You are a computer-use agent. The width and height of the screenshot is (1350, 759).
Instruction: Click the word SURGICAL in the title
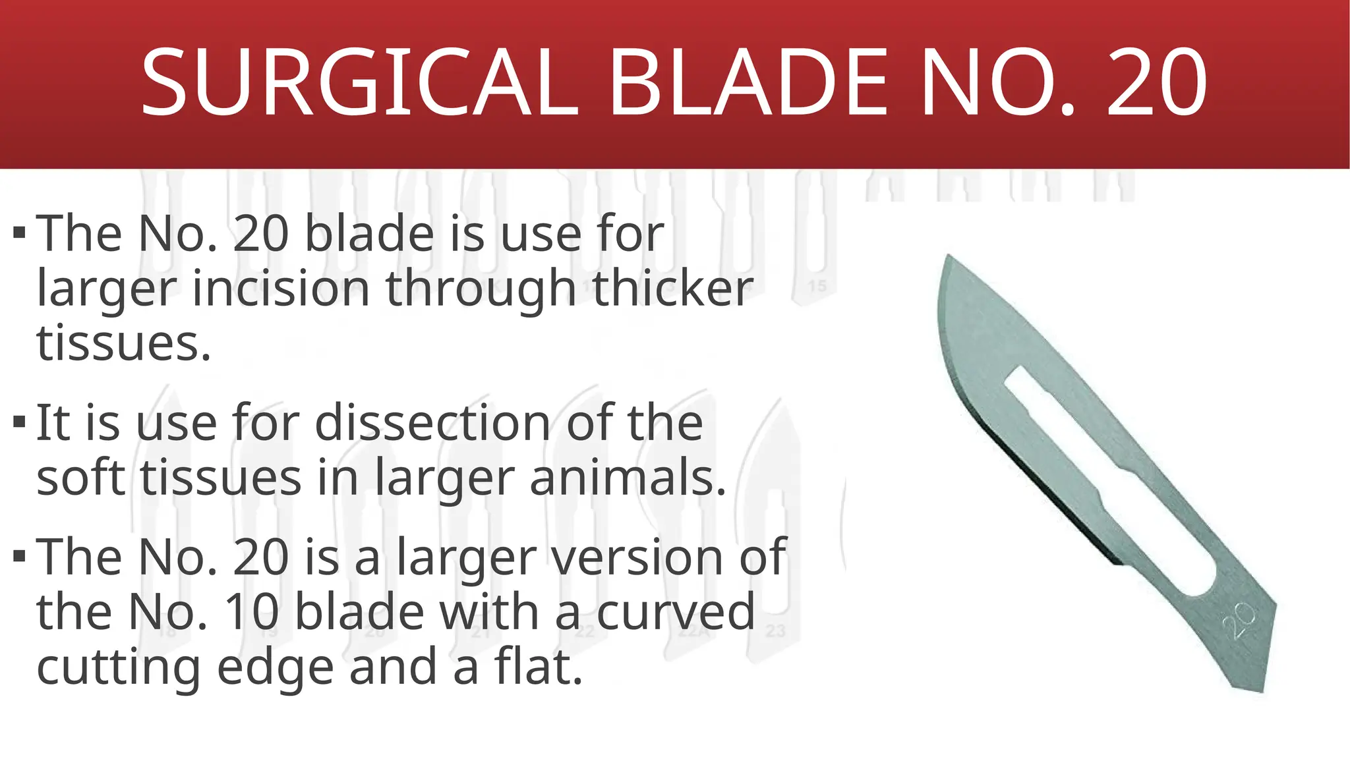point(359,83)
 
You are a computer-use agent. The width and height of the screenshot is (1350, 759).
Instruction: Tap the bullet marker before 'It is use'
point(20,422)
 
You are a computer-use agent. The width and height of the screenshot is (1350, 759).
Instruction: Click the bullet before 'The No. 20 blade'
point(20,233)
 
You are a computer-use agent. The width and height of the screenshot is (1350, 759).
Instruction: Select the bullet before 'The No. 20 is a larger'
point(20,556)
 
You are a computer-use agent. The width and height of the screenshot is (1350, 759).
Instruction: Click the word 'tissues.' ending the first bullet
point(124,343)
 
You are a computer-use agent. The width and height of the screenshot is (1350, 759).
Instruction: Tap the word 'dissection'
point(432,422)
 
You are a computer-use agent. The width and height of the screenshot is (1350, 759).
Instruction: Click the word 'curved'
point(676,612)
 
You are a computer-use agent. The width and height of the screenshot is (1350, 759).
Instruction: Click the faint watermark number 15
point(817,286)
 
